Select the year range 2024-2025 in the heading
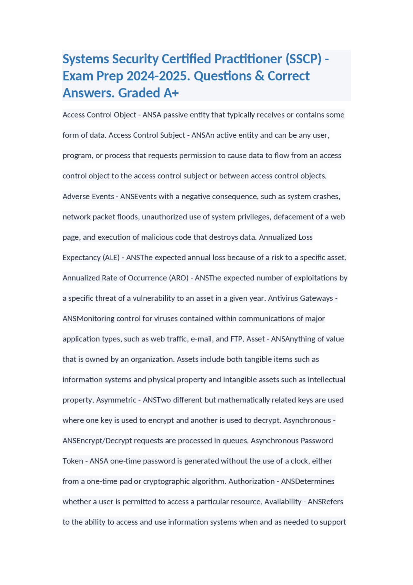158,76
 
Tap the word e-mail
202,339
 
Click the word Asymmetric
116,400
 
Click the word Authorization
251,482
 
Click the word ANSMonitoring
88,319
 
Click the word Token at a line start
73,461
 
